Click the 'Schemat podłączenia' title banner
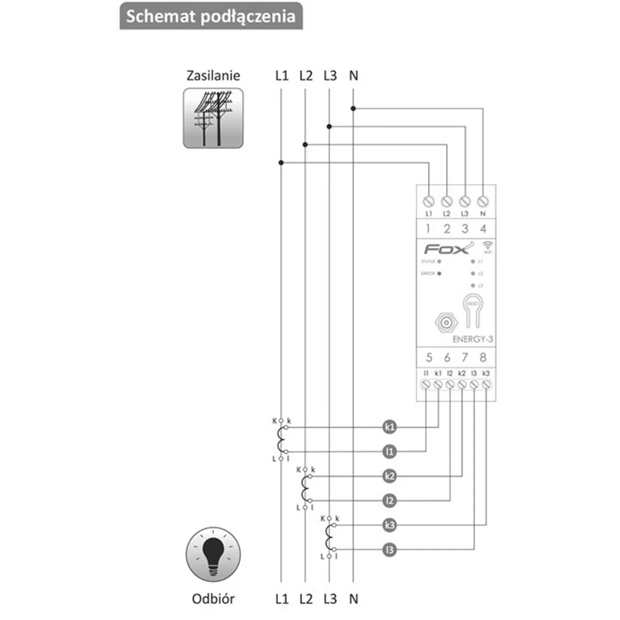click(x=211, y=16)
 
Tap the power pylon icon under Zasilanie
click(x=213, y=118)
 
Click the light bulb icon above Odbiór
click(x=213, y=555)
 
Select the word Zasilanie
click(x=213, y=75)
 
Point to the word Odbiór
click(x=213, y=599)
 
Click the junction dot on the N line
click(x=353, y=109)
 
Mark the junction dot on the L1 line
click(x=281, y=163)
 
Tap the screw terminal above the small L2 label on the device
click(x=447, y=200)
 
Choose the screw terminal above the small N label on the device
click(x=483, y=200)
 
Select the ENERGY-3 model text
click(x=472, y=339)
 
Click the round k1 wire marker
click(x=390, y=427)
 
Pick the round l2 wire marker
click(x=390, y=501)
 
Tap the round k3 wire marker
click(x=390, y=525)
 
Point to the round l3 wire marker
click(x=390, y=550)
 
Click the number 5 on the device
click(x=429, y=357)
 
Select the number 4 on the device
click(x=483, y=228)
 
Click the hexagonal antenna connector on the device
click(x=445, y=323)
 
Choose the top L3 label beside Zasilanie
click(x=330, y=75)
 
